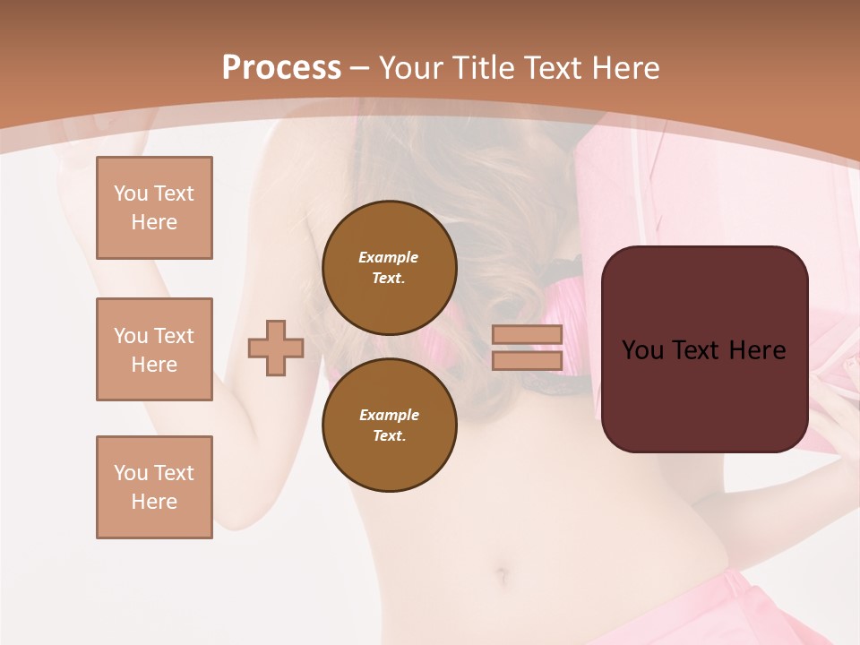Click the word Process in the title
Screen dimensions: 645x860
[x=281, y=68]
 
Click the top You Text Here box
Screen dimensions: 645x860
[x=154, y=208]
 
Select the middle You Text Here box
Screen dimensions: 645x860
[x=154, y=349]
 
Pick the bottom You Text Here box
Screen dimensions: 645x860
[x=154, y=487]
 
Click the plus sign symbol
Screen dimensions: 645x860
[x=276, y=348]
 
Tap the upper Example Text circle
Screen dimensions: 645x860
[x=389, y=267]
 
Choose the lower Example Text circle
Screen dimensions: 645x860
[x=389, y=425]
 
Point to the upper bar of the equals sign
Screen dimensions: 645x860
[x=527, y=335]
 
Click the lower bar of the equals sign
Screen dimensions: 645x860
[x=527, y=360]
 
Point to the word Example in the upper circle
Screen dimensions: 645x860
[x=389, y=257]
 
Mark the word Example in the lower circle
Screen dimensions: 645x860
[x=389, y=415]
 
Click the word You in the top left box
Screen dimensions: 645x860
[x=131, y=193]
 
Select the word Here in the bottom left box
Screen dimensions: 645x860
[x=154, y=502]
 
